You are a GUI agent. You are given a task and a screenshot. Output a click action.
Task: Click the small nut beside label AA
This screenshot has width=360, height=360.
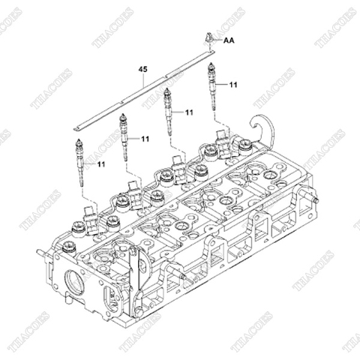click(208, 37)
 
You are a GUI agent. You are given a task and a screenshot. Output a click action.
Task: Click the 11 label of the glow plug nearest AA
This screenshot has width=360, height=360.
click(233, 85)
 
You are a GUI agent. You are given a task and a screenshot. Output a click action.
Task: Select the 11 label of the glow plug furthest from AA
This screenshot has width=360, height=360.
click(101, 162)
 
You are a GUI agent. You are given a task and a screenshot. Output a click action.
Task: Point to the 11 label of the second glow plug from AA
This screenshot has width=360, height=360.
click(189, 112)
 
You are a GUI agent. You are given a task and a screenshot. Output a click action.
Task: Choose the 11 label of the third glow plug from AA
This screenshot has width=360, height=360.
click(145, 139)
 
